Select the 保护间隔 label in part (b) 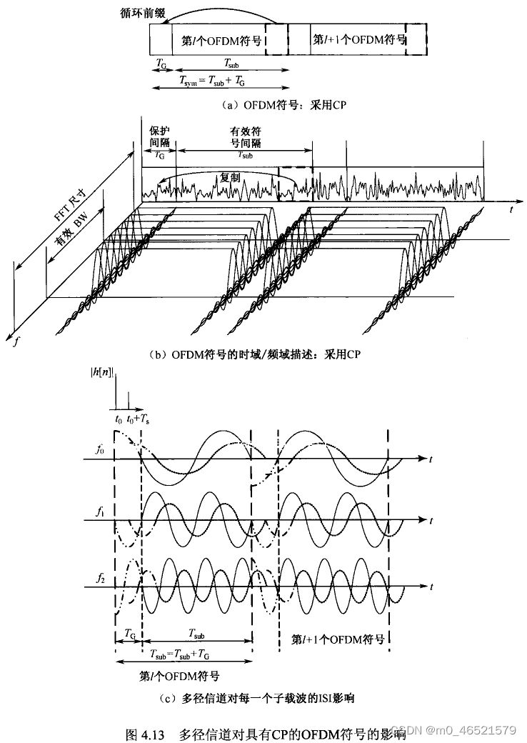pyautogui.click(x=160, y=136)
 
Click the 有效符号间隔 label pyautogui.click(x=245, y=136)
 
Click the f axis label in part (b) pyautogui.click(x=16, y=341)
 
